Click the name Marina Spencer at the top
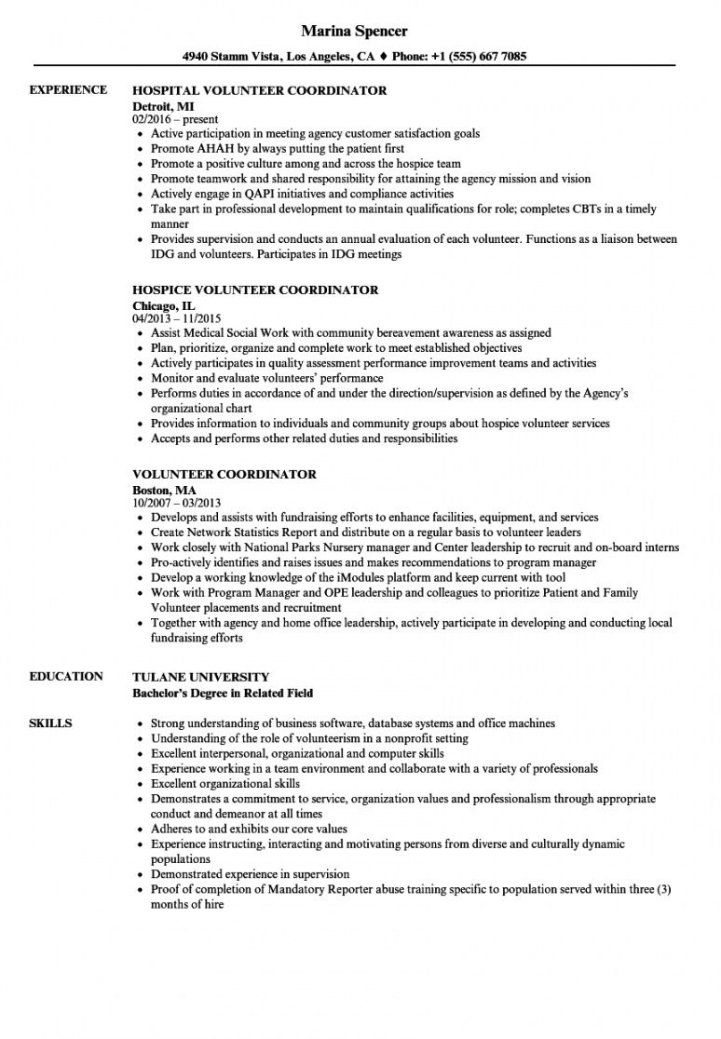[360, 32]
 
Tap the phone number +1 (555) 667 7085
[481, 57]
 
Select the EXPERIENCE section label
[68, 90]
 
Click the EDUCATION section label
[66, 676]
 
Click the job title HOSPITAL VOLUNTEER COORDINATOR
[259, 91]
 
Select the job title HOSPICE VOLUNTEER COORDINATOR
[255, 290]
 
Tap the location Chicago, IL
[164, 304]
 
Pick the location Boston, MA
[165, 489]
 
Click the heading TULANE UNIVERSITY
[201, 677]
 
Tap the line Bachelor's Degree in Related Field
[222, 693]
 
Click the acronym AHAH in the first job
[211, 149]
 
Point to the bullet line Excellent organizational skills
[225, 784]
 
